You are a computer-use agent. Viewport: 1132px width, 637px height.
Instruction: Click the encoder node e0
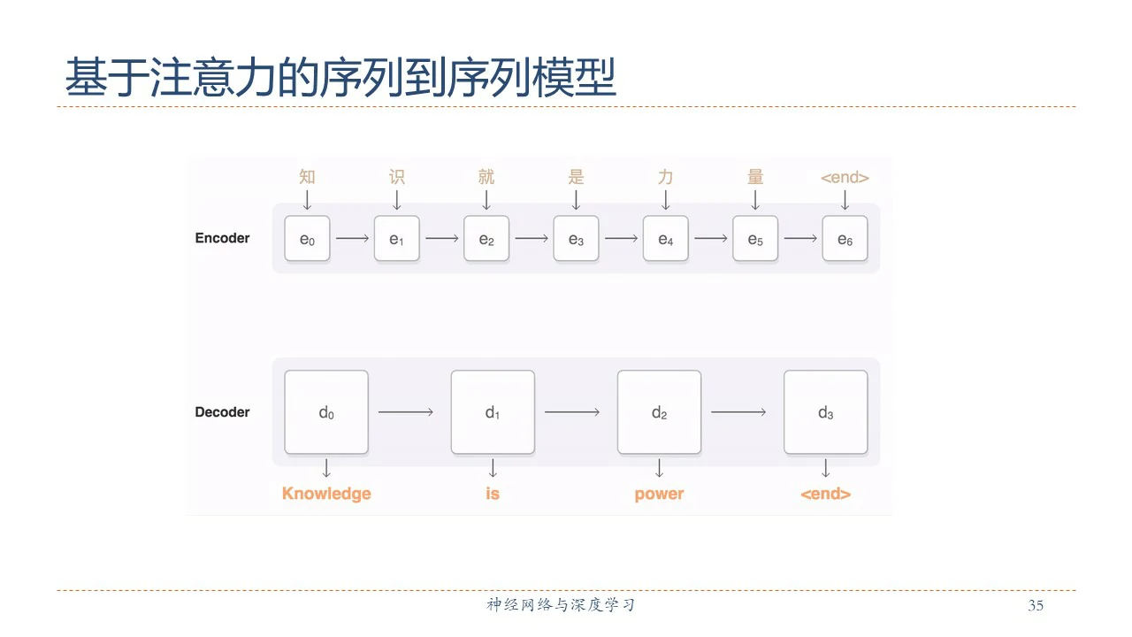307,238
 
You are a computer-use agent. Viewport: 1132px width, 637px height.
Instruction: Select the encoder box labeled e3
576,238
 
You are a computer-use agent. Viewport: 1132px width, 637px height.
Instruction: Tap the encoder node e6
845,238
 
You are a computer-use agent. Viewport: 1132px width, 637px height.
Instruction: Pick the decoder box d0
326,412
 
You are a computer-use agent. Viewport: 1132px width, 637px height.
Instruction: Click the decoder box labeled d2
659,412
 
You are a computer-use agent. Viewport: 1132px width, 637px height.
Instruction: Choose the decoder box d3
825,412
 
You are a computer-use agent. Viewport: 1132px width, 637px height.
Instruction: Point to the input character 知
307,177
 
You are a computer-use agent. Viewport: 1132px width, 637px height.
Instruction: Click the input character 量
755,177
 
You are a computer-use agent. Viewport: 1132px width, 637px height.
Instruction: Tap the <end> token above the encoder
845,178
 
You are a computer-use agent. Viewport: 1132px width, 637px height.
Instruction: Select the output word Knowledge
326,494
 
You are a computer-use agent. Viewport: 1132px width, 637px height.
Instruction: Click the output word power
659,494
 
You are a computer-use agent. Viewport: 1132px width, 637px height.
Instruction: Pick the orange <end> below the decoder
825,494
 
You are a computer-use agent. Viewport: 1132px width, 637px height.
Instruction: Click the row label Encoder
222,238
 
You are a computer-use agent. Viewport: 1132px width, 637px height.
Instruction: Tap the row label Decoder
222,412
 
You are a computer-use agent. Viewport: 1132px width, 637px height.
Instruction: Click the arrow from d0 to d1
406,412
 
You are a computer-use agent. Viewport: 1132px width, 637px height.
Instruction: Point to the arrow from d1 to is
493,468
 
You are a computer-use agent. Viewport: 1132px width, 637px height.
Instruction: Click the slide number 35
1036,606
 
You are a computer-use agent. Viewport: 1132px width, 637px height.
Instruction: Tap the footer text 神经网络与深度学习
561,605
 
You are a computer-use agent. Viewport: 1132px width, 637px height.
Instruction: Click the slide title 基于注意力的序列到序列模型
340,78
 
